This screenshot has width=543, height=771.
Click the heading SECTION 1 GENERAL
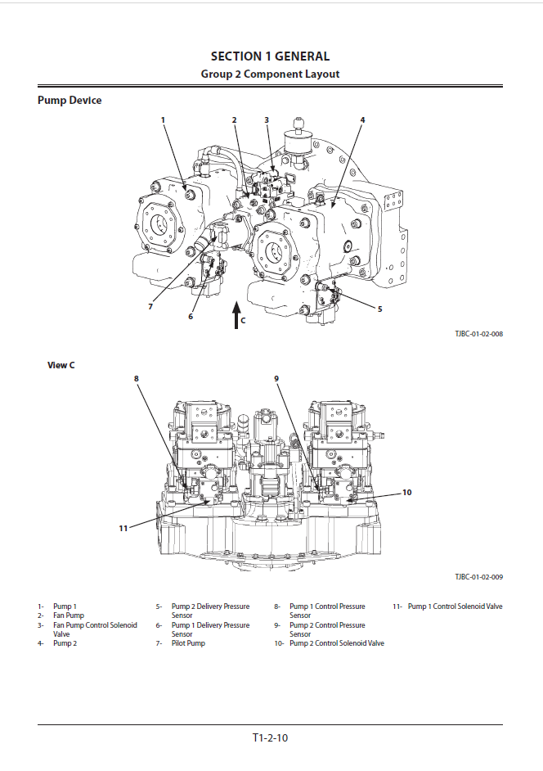click(x=270, y=56)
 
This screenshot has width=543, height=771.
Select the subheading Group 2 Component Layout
click(x=270, y=74)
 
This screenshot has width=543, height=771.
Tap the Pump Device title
click(x=70, y=101)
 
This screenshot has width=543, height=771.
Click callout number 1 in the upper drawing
click(x=164, y=120)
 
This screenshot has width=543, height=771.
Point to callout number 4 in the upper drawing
click(x=362, y=120)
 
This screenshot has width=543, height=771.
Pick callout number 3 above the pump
click(x=267, y=120)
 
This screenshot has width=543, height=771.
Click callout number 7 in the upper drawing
click(x=150, y=306)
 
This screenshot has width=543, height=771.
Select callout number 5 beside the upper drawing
click(x=379, y=309)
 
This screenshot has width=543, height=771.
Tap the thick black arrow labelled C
click(x=236, y=315)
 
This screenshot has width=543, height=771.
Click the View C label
click(x=61, y=365)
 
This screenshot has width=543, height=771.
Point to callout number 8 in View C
click(x=137, y=379)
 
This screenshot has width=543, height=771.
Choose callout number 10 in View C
click(x=407, y=492)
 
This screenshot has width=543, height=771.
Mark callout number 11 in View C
click(x=123, y=528)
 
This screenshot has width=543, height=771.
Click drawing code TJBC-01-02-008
click(x=478, y=334)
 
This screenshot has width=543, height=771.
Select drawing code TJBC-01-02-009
click(x=478, y=577)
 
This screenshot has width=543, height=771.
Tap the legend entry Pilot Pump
click(x=188, y=643)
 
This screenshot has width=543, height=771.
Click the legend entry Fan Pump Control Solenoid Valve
click(x=95, y=629)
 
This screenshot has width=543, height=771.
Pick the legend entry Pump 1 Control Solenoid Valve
click(x=455, y=606)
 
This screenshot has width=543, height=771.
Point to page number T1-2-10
click(x=270, y=737)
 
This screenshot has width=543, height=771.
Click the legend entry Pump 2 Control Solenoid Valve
click(x=337, y=643)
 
